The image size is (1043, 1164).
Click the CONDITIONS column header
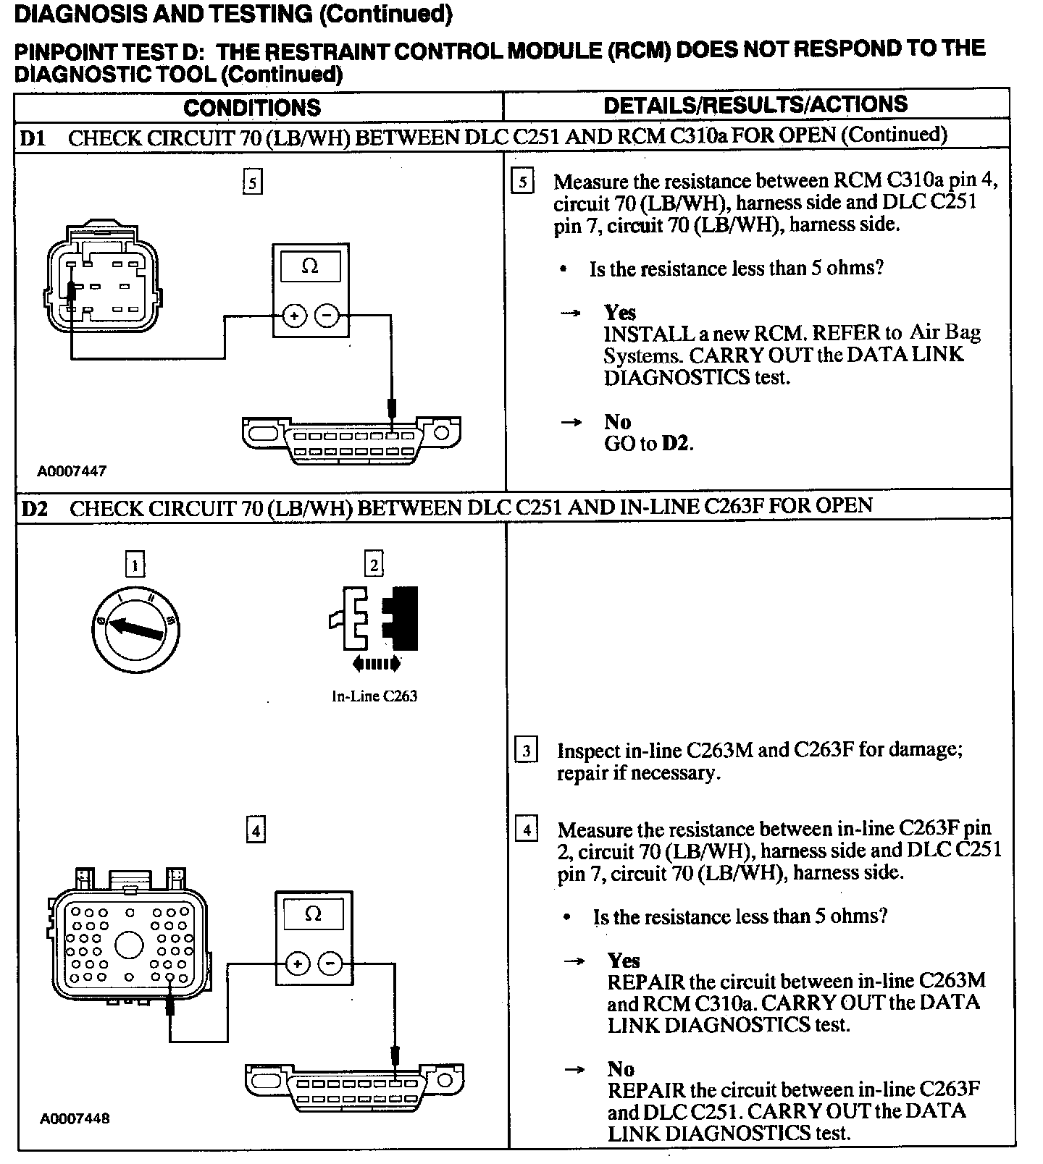click(x=251, y=108)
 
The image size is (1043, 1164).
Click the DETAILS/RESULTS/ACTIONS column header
click(x=755, y=105)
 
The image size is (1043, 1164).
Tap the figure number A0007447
click(x=72, y=471)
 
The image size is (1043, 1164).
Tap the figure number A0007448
click(x=75, y=1118)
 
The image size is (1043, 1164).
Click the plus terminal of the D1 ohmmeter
click(x=294, y=316)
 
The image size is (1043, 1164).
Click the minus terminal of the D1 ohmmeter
click(x=327, y=316)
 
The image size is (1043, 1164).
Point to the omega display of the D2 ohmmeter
click(x=313, y=914)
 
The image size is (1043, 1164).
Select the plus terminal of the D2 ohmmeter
click(x=297, y=963)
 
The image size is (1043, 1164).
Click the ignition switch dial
click(x=136, y=625)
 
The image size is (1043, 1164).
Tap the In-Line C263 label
click(x=374, y=696)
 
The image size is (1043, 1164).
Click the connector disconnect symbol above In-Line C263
click(x=374, y=619)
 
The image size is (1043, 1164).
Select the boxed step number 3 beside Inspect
click(x=527, y=750)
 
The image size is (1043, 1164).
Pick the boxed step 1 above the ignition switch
click(x=135, y=564)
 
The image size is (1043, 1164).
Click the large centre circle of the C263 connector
click(x=130, y=945)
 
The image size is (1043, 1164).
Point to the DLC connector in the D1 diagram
click(x=351, y=440)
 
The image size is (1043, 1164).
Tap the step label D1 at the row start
click(x=33, y=138)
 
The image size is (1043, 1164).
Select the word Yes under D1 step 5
click(x=620, y=312)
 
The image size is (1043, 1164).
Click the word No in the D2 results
click(x=621, y=1068)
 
